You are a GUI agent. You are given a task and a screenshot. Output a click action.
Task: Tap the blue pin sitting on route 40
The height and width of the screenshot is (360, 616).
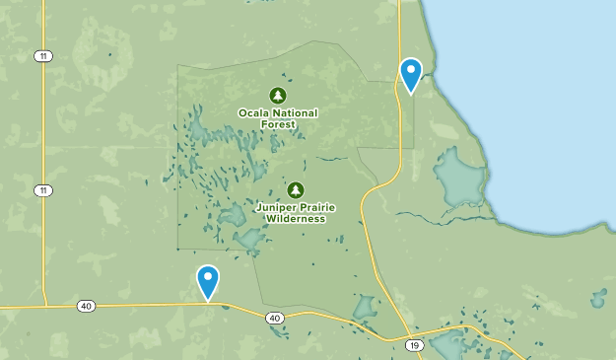(x=208, y=281)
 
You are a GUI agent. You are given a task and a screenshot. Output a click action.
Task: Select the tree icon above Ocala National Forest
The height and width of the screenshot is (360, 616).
(x=278, y=96)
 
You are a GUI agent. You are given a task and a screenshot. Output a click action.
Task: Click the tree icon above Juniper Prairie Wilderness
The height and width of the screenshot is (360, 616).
(x=295, y=189)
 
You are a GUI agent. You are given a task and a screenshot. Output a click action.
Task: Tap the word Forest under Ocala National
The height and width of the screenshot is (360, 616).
(x=278, y=124)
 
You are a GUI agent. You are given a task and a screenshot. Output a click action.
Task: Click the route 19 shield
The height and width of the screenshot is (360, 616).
(x=414, y=345)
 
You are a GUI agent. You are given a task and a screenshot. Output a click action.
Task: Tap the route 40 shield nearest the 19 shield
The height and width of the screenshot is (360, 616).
(x=274, y=318)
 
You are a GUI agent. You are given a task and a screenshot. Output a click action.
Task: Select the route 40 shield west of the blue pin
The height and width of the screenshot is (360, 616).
(x=86, y=307)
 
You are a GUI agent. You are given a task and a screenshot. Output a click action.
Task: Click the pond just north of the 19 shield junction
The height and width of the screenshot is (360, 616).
(x=364, y=308)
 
